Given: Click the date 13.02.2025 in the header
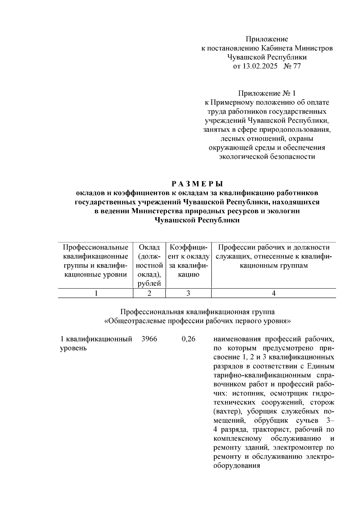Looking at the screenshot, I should click(x=260, y=66).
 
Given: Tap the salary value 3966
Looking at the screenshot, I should click(x=149, y=339).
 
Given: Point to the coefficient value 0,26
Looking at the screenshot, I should click(x=188, y=339).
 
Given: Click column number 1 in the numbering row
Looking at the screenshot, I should click(x=96, y=293).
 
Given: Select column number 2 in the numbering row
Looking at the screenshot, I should click(x=149, y=293).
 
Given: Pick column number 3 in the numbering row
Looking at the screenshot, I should click(x=188, y=293).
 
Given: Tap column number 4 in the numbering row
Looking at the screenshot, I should click(x=273, y=293).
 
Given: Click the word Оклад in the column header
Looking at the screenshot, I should click(x=149, y=247).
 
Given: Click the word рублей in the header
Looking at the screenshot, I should click(x=149, y=283).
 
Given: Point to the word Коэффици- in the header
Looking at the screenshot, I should click(x=188, y=247).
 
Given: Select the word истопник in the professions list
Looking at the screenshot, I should click(x=250, y=393).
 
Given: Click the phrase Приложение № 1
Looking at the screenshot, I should click(x=267, y=93).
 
